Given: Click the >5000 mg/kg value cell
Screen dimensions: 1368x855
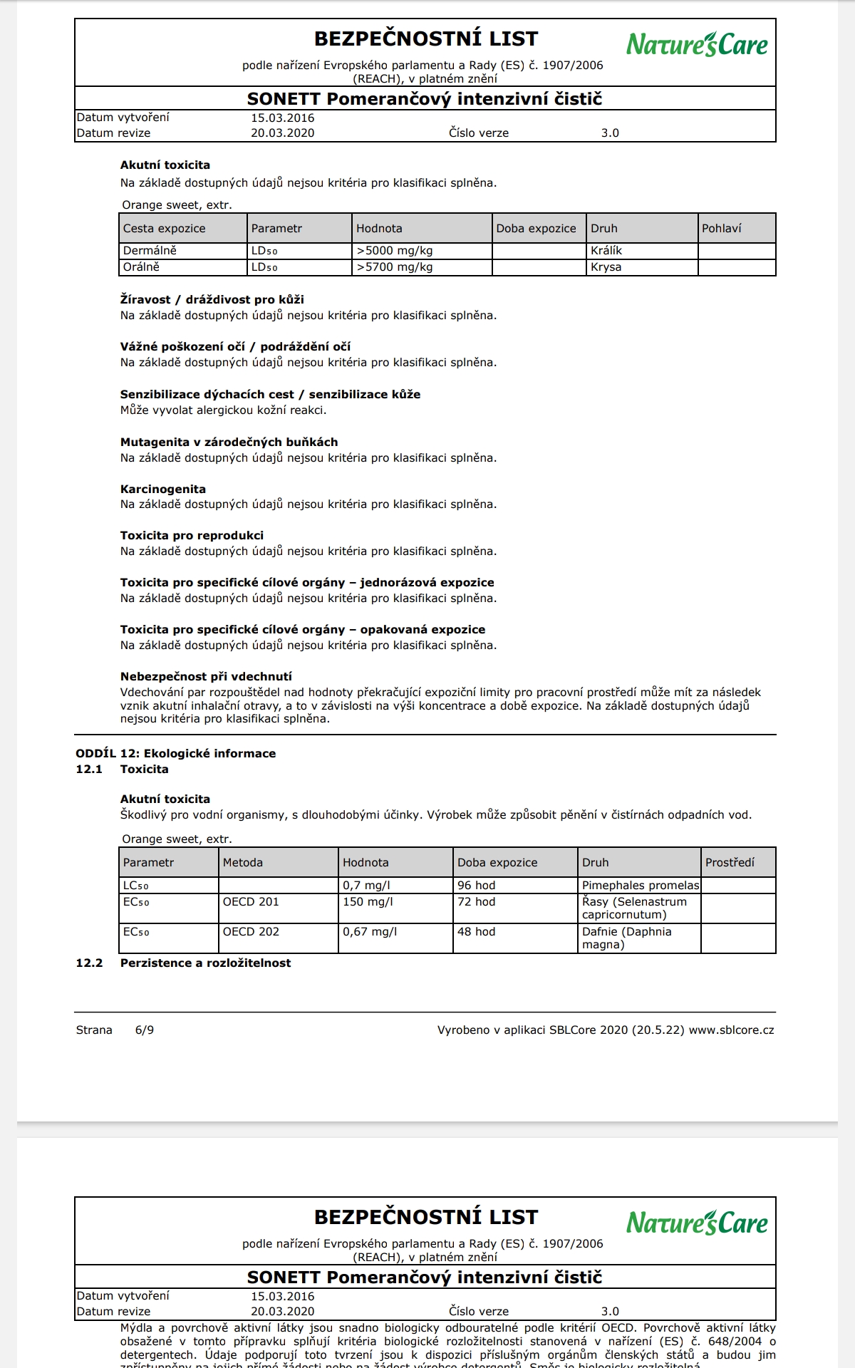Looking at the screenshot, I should click(x=395, y=251).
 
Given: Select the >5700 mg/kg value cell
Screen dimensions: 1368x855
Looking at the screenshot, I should click(x=395, y=267).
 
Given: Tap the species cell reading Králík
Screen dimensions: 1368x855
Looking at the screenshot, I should click(x=606, y=251).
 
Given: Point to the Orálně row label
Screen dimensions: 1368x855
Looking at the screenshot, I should click(x=141, y=267).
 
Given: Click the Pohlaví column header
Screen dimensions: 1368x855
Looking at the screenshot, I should click(x=721, y=229).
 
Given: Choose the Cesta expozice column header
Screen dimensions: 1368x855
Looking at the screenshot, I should click(x=164, y=229).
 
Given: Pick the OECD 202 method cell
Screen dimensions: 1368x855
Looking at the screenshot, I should click(x=251, y=932).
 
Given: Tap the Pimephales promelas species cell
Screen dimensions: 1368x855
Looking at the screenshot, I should click(x=640, y=886).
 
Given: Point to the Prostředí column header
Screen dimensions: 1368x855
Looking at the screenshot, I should click(x=730, y=863).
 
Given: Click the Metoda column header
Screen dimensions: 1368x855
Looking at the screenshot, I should click(x=242, y=863).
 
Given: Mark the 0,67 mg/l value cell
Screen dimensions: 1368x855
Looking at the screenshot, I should click(x=370, y=932).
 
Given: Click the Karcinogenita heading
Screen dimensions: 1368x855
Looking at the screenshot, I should click(x=163, y=489).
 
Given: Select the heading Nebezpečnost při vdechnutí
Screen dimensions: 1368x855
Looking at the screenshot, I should click(x=206, y=677).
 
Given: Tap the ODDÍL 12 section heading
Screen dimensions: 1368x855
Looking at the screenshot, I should click(x=175, y=754).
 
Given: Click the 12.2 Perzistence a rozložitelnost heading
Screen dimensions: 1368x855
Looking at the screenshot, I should click(x=205, y=963).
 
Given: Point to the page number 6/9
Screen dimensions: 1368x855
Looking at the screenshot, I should click(x=144, y=1030).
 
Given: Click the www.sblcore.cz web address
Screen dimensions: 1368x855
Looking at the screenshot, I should click(x=731, y=1030).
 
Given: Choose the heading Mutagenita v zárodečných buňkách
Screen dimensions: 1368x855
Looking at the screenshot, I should click(x=229, y=442).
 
